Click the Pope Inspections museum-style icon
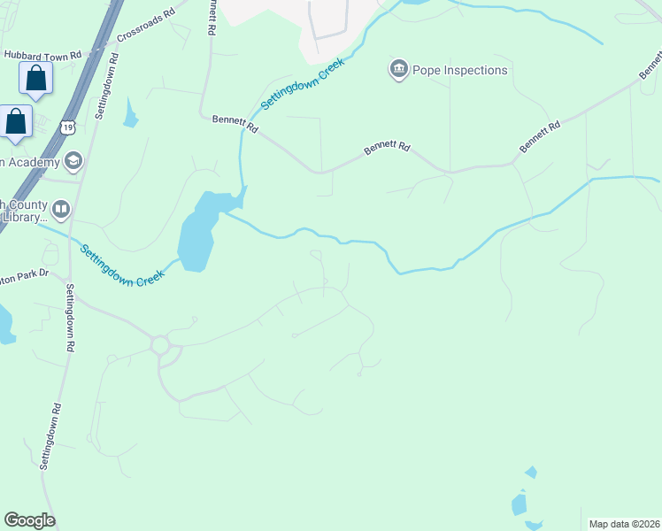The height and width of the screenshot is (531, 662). tap(398, 69)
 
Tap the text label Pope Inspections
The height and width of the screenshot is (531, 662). tap(460, 70)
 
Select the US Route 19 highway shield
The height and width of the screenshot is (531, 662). tap(68, 128)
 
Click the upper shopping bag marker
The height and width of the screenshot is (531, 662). tap(36, 80)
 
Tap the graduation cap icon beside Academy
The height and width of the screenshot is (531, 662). tap(72, 161)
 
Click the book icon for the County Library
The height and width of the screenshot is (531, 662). tap(61, 210)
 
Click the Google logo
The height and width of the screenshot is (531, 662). tap(29, 520)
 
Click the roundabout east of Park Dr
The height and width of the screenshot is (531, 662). tap(161, 344)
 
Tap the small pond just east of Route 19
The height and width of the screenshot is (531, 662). tap(131, 113)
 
